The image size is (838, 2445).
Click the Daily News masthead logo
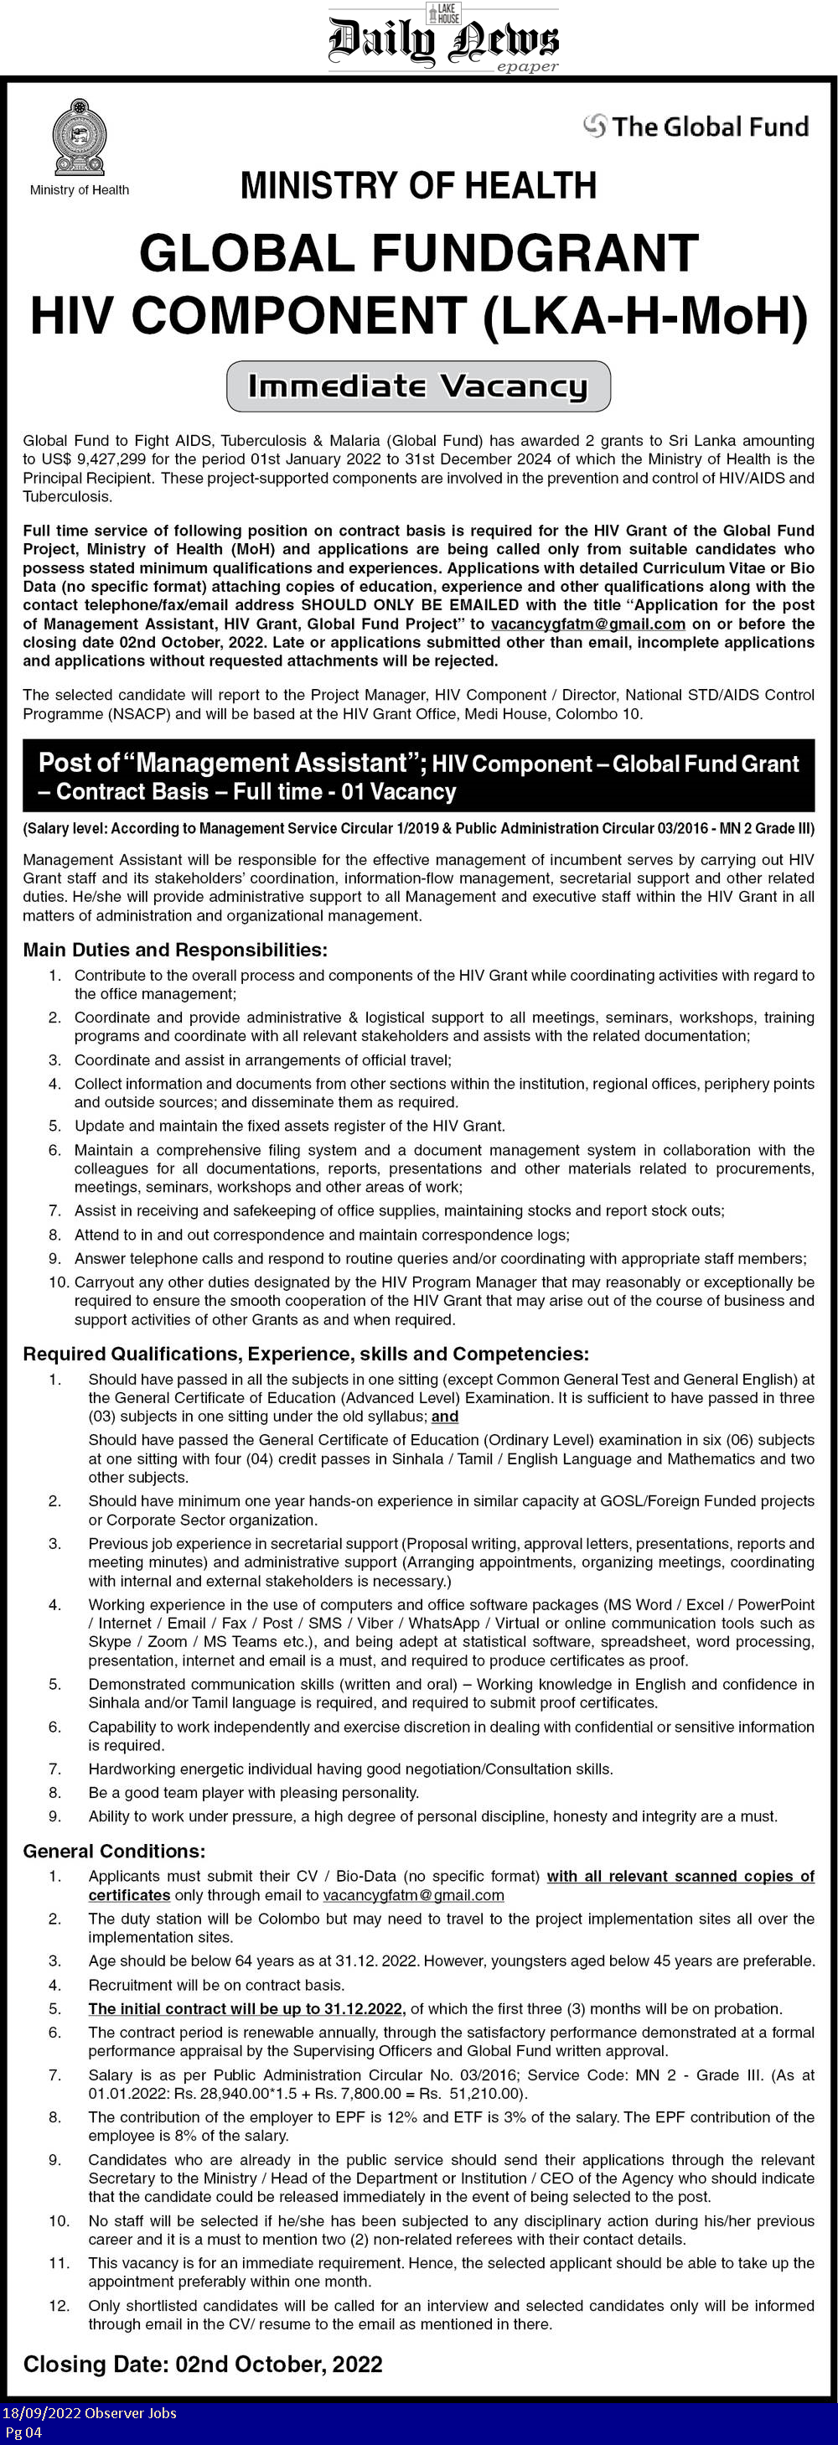[x=443, y=38]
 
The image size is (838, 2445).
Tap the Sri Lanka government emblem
[x=79, y=137]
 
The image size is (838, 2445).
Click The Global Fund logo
[x=696, y=127]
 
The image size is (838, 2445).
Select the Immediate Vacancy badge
[x=417, y=386]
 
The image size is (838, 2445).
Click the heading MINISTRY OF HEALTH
[x=418, y=185]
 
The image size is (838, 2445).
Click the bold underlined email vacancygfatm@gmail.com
[x=587, y=624]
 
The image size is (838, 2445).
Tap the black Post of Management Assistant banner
[x=418, y=776]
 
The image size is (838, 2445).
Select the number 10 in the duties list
[x=59, y=1282]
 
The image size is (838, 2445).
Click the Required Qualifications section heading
[x=306, y=1354]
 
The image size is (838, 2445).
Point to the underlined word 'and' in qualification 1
[x=445, y=1417]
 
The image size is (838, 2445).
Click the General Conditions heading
[x=114, y=1851]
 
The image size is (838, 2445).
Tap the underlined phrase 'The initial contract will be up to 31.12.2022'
[x=246, y=2008]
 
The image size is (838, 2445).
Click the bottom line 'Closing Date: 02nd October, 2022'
[x=202, y=2365]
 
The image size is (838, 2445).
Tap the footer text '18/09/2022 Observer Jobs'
[x=89, y=2412]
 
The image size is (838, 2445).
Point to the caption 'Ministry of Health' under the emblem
[x=79, y=189]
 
